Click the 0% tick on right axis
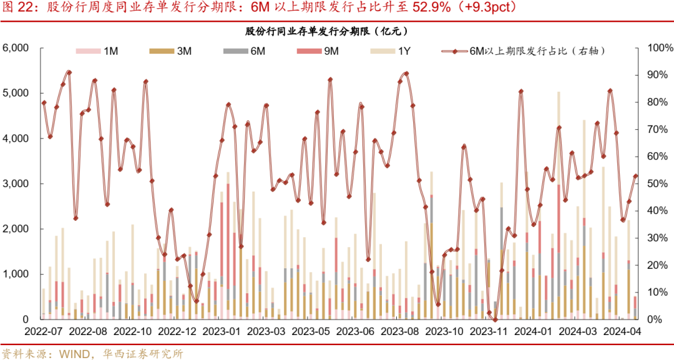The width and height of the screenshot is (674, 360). coord(655,319)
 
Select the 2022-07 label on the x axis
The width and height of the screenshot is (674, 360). coord(44,332)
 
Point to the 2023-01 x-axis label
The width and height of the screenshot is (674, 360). coord(222,332)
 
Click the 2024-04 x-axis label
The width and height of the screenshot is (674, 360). coord(622,332)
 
